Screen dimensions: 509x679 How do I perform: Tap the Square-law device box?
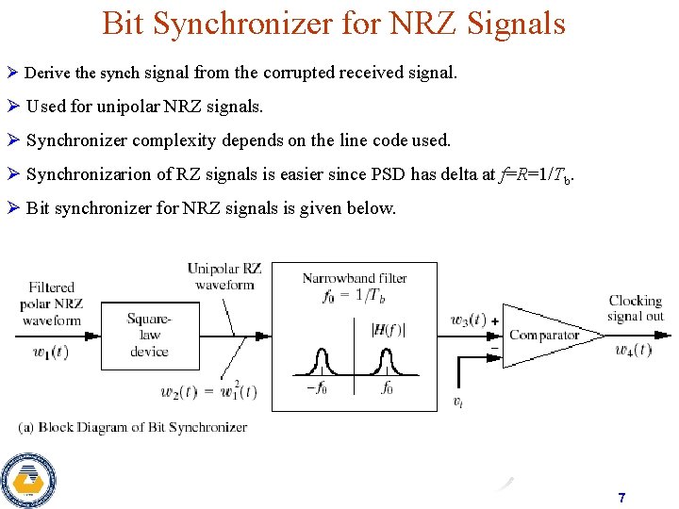point(150,336)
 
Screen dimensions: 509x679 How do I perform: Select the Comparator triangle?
point(542,336)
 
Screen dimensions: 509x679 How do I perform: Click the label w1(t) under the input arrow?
point(50,353)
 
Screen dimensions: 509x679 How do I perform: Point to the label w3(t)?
point(468,320)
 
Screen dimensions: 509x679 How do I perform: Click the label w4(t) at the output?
point(634,350)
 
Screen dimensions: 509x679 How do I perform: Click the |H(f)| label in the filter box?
point(389,329)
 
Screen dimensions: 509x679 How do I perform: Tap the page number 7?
point(621,497)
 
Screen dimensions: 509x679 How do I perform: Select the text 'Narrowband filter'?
point(355,278)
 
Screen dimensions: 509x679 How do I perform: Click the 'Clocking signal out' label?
point(636,308)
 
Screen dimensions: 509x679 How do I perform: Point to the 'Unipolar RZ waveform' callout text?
point(224,277)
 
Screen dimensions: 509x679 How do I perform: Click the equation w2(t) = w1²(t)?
point(209,390)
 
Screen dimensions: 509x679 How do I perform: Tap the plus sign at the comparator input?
point(493,321)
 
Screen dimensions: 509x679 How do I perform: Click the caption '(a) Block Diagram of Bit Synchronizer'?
point(133,427)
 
